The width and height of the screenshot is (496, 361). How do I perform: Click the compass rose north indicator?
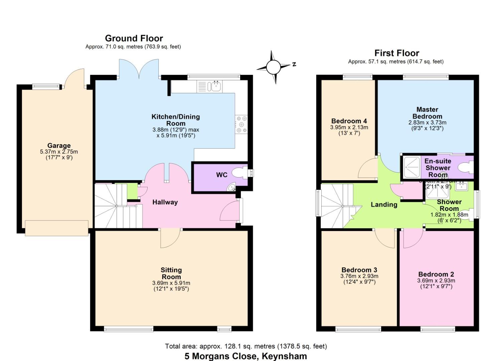click(274, 67)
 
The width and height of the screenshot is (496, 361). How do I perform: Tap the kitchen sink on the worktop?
click(214, 87)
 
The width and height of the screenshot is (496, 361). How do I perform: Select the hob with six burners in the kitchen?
click(241, 124)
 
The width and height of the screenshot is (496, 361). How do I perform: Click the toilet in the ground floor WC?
click(239, 173)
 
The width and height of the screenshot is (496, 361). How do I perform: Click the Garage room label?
click(59, 145)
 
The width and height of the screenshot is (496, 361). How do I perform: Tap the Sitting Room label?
click(171, 273)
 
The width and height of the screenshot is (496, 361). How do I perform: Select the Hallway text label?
click(165, 202)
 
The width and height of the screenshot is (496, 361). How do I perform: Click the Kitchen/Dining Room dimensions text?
click(176, 132)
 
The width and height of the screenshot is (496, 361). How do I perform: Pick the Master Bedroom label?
click(427, 113)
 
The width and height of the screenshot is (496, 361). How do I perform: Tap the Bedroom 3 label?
click(359, 270)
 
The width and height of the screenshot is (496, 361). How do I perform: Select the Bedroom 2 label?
click(436, 274)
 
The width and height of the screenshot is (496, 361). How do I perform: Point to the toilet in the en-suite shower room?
click(466, 167)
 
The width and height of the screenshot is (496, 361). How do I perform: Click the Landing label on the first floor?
click(384, 205)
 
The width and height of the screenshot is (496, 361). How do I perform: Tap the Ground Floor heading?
click(134, 38)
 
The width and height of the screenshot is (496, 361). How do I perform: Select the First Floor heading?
click(396, 53)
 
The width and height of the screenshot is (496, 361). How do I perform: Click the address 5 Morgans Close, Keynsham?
click(245, 356)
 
